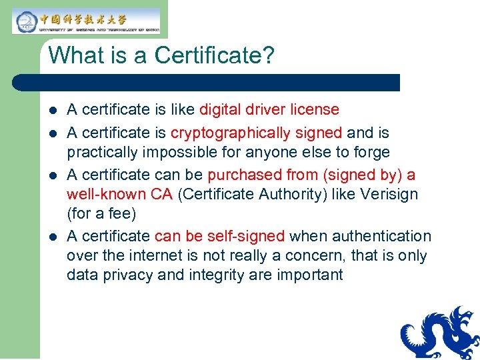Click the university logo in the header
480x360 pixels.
tap(87, 21)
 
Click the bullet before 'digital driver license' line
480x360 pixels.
tap(53, 110)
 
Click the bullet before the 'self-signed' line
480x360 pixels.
tap(53, 237)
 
